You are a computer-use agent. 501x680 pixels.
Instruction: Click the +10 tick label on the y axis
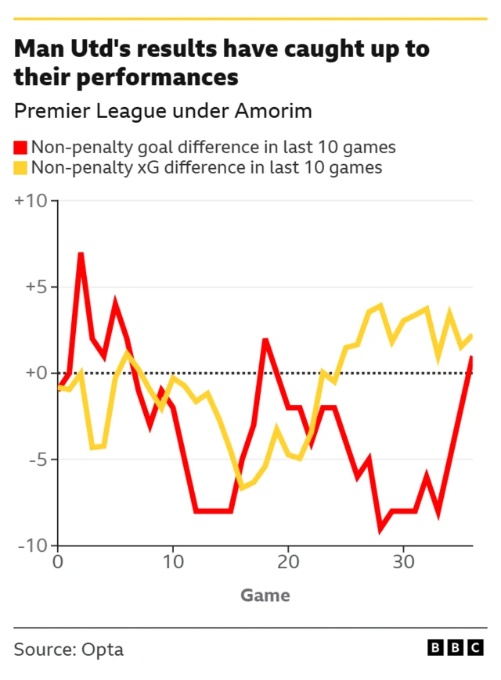point(31,201)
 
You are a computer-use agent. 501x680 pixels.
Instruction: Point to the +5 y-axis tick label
point(35,287)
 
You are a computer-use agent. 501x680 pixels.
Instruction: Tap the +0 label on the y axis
point(35,373)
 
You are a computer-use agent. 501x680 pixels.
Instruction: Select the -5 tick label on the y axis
point(37,460)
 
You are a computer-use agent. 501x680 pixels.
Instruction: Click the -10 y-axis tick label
point(33,546)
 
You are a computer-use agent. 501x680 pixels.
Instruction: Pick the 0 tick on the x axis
point(57,562)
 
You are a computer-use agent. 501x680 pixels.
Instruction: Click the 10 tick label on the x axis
point(172,562)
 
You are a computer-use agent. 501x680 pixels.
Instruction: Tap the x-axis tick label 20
point(288,562)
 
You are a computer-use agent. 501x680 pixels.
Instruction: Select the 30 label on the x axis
point(403,562)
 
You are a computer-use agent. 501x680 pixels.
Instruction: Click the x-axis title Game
point(265,596)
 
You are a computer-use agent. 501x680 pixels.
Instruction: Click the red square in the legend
point(20,147)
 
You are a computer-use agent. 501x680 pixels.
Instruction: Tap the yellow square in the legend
point(20,167)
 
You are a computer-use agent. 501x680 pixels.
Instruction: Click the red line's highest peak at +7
point(81,254)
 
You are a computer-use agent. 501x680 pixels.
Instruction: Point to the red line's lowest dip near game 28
point(380,529)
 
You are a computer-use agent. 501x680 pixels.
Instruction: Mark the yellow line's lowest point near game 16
point(242,488)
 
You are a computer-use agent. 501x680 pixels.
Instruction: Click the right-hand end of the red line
point(472,356)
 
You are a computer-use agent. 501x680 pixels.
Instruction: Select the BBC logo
point(456,647)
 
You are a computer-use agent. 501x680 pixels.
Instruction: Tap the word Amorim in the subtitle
point(274,111)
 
